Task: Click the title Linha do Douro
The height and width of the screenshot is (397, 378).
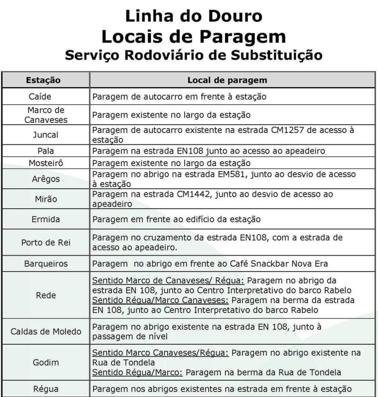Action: click(193, 16)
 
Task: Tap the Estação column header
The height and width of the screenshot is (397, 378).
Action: click(43, 81)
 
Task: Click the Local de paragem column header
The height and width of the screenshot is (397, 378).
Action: click(227, 81)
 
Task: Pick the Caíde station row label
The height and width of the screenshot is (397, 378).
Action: click(40, 97)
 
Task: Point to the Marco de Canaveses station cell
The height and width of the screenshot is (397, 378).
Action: click(46, 115)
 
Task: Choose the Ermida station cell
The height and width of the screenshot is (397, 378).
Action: click(46, 219)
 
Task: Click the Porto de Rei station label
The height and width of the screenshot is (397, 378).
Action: click(46, 243)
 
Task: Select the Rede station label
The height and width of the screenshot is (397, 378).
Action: click(46, 295)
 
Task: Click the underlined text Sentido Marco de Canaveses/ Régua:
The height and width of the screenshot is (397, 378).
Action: click(168, 281)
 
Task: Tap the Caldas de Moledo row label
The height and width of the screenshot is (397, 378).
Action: click(46, 332)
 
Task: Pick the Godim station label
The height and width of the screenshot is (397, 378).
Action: click(46, 363)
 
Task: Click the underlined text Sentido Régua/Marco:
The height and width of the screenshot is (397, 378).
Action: click(137, 373)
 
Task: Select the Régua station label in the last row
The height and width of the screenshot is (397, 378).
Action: click(46, 388)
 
